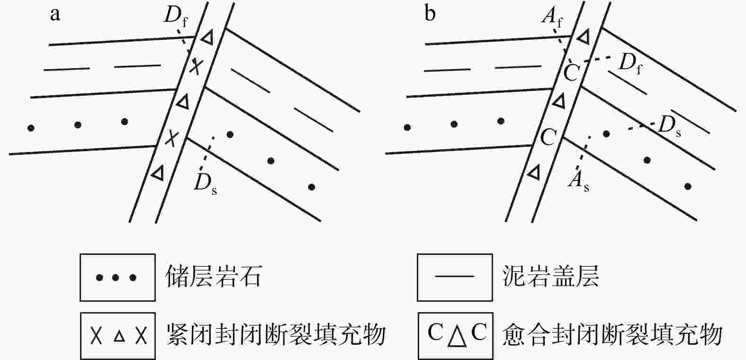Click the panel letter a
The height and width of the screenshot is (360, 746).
coord(55,15)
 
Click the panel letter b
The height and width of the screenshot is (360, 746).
coord(430,15)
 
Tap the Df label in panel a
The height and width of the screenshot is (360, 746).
coord(175,17)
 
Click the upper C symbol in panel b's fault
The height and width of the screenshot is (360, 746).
coord(572,73)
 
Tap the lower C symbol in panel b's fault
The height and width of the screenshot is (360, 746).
coord(548,137)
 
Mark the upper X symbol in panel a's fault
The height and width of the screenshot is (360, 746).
coord(195,67)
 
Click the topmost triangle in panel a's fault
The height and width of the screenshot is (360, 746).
coord(207,37)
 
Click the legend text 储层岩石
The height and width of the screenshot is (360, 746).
coord(214,277)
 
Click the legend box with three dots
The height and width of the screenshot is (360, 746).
coord(117,277)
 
